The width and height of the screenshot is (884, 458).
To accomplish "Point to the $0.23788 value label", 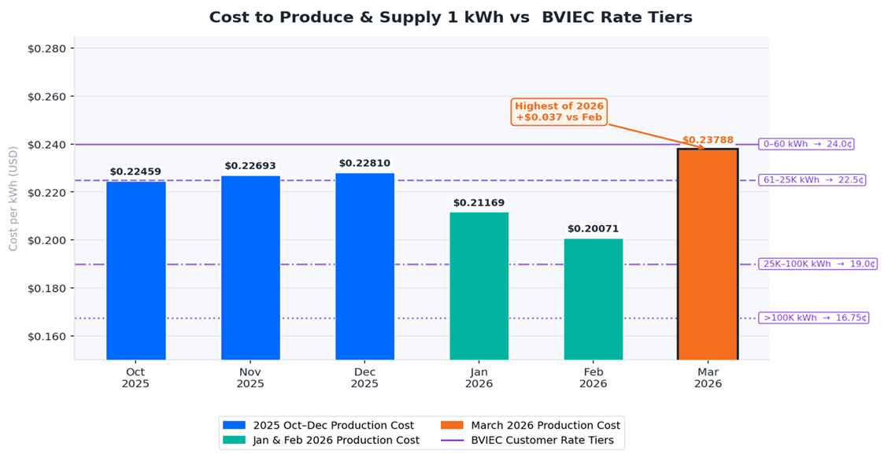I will [708, 140].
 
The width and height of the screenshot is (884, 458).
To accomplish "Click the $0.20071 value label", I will [594, 229].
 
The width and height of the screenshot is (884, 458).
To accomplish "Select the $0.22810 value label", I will [364, 163].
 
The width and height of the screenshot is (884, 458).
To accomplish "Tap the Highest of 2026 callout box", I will [559, 112].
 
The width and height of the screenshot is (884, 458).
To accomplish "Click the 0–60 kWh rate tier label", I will [806, 144].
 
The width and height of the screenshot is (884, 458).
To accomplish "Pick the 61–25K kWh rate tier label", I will [812, 180].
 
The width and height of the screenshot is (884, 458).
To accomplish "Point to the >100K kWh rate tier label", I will [813, 318].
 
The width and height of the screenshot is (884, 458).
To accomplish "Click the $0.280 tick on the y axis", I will [50, 49].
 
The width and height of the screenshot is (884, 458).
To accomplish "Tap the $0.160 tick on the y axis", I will [50, 336].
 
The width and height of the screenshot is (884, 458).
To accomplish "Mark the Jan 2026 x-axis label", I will [479, 378].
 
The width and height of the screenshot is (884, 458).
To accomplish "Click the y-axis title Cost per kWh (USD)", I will [13, 198].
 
